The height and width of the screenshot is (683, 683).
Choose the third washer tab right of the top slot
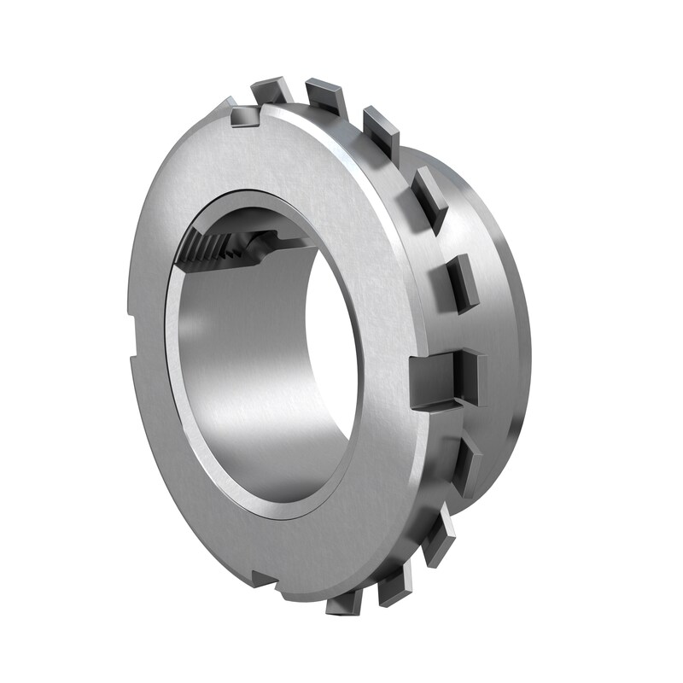tap(381, 128)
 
